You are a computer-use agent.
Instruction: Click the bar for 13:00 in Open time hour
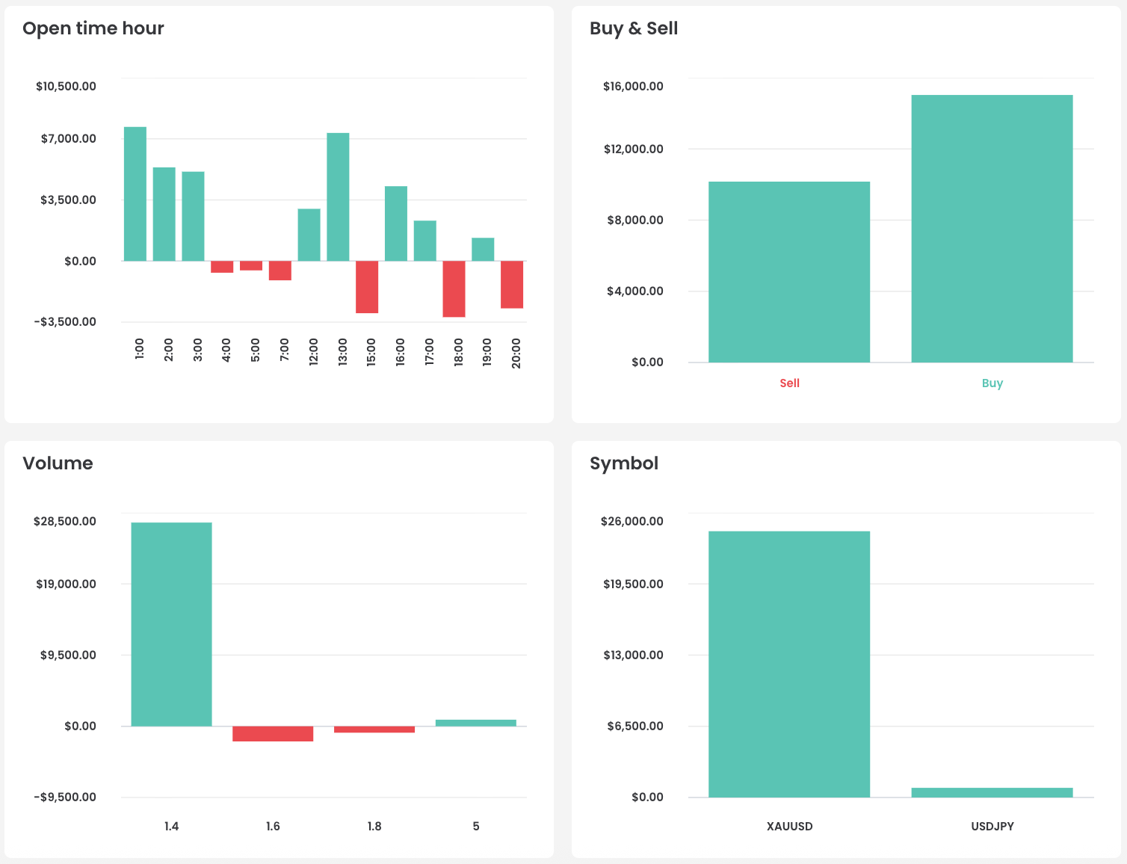point(338,197)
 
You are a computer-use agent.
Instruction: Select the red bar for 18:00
point(454,288)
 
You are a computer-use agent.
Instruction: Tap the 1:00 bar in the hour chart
point(135,194)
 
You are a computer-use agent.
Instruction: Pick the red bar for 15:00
point(367,286)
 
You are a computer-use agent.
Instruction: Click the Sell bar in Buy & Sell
point(789,272)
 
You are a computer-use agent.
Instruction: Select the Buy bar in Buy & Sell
point(992,229)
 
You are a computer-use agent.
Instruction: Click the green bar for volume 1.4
point(171,624)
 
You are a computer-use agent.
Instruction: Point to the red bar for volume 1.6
point(273,733)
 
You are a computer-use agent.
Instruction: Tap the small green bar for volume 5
point(475,723)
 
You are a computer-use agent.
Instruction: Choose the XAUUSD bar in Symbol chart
point(789,664)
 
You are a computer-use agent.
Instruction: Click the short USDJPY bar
point(992,792)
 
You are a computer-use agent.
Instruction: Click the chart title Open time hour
point(93,28)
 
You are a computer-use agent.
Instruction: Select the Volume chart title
point(58,463)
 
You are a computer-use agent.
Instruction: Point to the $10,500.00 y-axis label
point(66,86)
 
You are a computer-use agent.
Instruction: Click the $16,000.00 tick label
point(633,86)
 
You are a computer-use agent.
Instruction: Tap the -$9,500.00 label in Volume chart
point(65,797)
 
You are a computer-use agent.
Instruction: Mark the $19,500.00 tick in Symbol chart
point(633,584)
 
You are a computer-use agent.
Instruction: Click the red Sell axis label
point(789,383)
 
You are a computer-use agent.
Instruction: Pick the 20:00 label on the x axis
point(516,353)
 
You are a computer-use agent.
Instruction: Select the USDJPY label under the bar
point(992,827)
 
